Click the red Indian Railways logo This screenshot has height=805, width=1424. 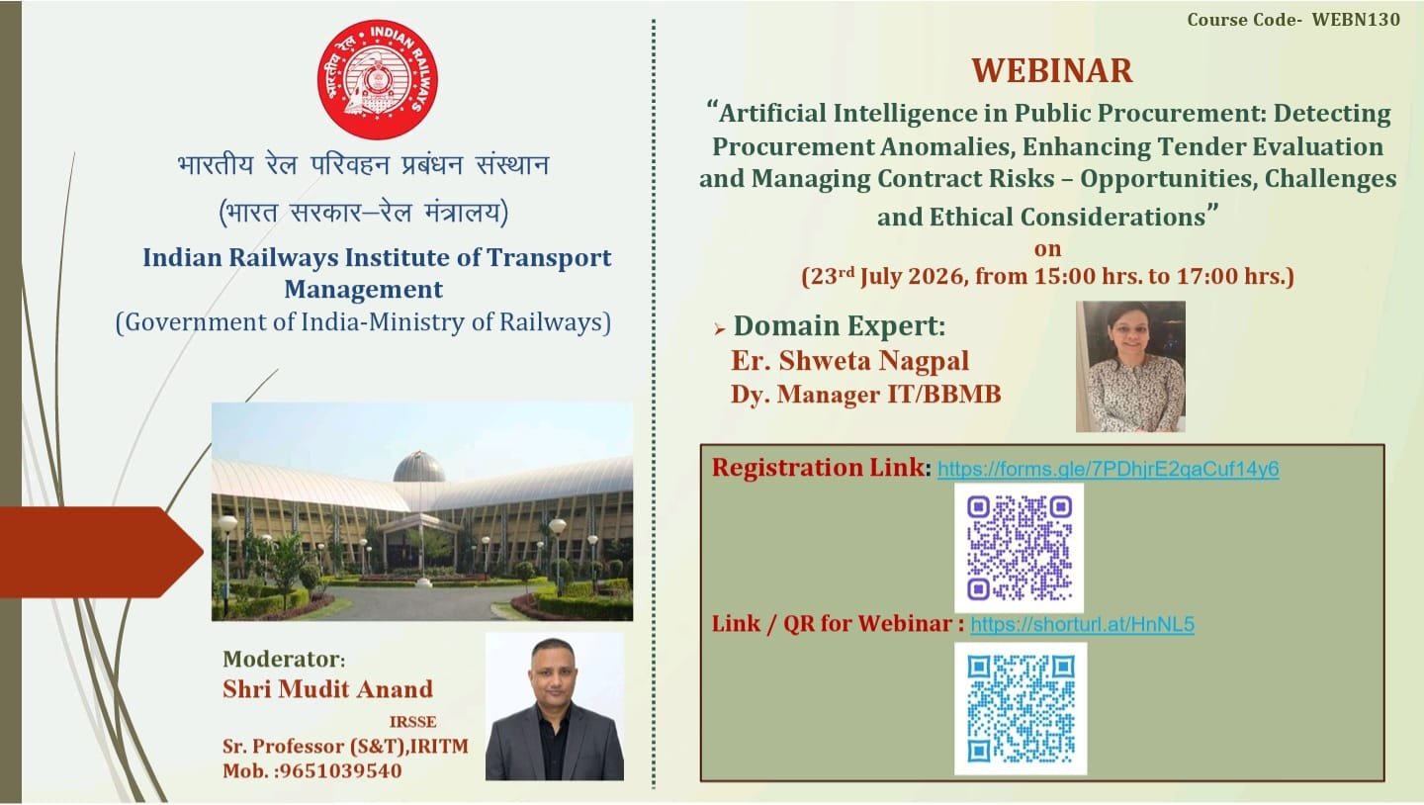378,79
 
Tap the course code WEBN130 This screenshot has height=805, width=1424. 1356,20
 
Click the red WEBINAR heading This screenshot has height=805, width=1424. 1052,70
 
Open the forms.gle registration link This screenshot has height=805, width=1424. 1108,470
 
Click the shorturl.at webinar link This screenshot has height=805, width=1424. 1082,624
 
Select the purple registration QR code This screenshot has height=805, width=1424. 1019,548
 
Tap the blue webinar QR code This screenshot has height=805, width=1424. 1021,708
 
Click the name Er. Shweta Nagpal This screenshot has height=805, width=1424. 850,361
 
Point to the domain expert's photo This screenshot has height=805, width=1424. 1130,366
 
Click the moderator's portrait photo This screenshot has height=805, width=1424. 555,706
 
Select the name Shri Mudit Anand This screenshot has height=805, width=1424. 327,689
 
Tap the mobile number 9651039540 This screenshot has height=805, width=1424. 341,771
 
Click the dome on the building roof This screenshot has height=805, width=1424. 419,468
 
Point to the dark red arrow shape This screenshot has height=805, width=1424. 102,552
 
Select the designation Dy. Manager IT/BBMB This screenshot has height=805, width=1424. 866,395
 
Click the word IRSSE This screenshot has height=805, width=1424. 413,722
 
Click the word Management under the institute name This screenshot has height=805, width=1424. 363,290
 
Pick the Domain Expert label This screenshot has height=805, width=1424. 840,326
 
